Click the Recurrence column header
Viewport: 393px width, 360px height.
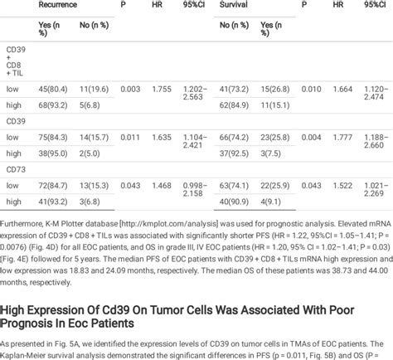pyautogui.click(x=58, y=5)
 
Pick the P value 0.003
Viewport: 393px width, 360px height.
pyautogui.click(x=130, y=87)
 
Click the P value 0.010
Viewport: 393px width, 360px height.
pyautogui.click(x=309, y=87)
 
